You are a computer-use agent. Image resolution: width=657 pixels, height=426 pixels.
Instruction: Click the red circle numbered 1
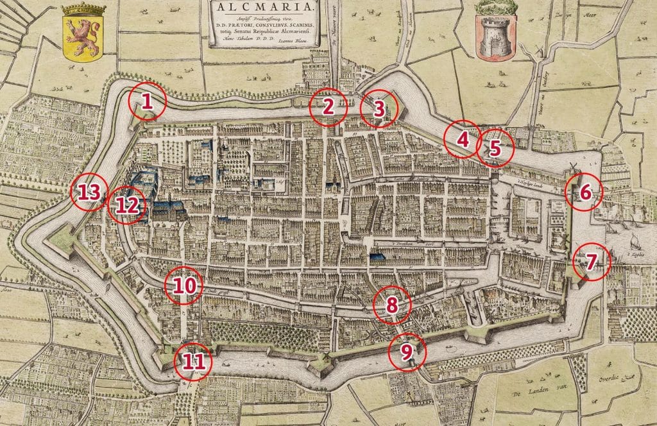(146, 101)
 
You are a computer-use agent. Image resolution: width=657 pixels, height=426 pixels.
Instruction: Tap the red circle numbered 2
(328, 107)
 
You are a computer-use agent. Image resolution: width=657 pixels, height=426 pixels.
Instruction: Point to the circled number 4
(463, 138)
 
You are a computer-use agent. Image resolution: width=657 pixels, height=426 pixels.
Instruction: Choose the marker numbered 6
(584, 192)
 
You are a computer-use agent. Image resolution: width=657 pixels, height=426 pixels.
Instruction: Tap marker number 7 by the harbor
(591, 261)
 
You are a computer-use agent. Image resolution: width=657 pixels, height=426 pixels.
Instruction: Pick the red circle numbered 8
(392, 304)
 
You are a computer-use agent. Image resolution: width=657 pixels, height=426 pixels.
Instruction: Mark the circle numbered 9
(406, 351)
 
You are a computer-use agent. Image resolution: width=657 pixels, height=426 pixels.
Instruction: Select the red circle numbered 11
(192, 361)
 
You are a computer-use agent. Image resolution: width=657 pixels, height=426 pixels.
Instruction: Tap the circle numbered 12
(127, 205)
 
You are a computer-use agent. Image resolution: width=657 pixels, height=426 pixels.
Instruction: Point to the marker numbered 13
(89, 192)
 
